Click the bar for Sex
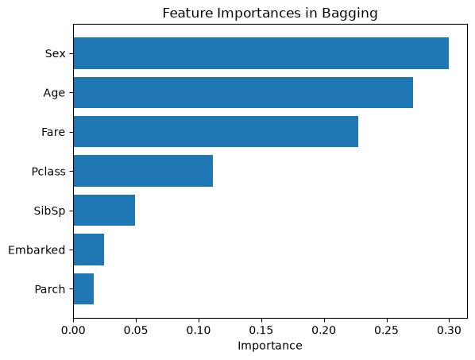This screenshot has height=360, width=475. tap(261, 53)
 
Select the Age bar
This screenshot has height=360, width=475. tap(243, 92)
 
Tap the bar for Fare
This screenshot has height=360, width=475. tap(216, 131)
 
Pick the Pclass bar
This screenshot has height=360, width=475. tap(143, 171)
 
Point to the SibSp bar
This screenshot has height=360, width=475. tap(104, 210)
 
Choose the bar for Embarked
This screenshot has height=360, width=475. tap(89, 250)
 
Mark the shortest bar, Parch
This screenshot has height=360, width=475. tap(83, 288)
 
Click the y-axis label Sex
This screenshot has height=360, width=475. tap(55, 53)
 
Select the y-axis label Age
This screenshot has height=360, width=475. tap(54, 93)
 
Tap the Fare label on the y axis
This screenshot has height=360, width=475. tap(53, 132)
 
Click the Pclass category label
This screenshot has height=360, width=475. tap(48, 172)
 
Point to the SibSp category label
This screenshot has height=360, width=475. tap(49, 211)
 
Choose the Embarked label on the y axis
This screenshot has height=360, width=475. tap(37, 250)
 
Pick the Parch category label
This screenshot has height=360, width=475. tap(50, 289)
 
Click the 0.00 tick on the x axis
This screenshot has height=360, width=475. tap(73, 330)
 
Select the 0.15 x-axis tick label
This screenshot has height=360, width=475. tap(261, 330)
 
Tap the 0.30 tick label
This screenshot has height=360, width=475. tap(450, 330)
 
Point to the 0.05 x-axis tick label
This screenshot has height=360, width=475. tap(136, 330)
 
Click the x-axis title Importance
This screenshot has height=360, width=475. tap(270, 346)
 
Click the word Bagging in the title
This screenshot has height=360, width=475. tap(349, 14)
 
